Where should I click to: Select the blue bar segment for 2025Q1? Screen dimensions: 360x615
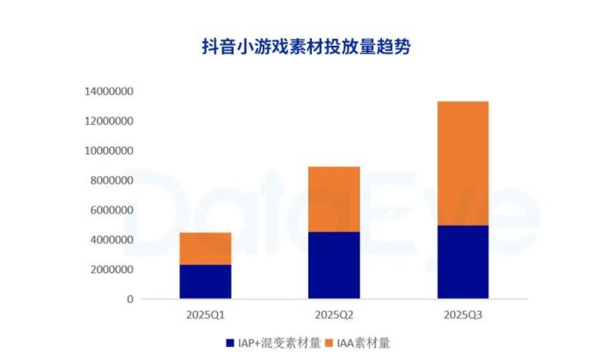206,282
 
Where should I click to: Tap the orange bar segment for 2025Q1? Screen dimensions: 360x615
206,248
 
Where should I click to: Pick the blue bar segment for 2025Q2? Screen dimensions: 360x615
334,265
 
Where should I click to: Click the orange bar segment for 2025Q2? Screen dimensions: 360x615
334,199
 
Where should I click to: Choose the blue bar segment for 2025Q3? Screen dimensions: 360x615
462,263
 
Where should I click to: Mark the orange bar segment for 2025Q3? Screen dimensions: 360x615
462,163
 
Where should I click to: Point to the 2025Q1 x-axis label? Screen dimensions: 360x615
206,313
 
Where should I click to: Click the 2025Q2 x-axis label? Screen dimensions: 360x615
334,313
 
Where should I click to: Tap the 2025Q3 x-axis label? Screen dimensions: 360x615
462,313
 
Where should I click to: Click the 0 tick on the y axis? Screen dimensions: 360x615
129,299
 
